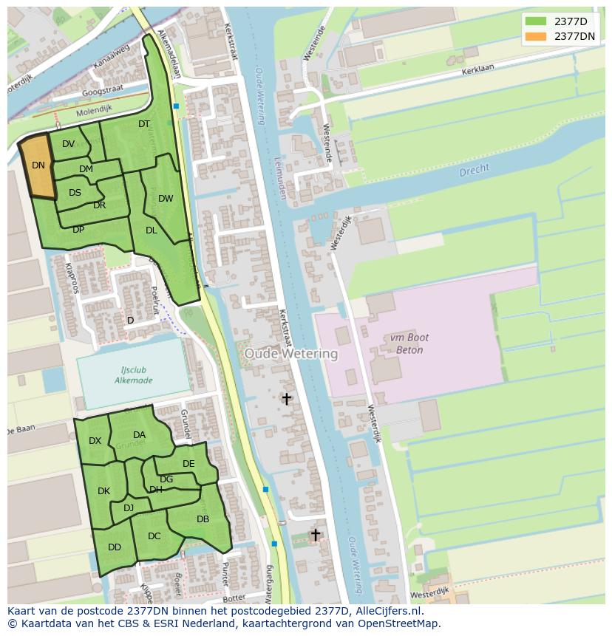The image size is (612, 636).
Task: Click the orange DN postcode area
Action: click(x=38, y=166)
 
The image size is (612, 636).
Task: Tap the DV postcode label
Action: click(x=68, y=144)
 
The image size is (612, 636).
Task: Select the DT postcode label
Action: click(x=144, y=124)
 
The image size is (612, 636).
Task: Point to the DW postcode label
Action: click(x=166, y=198)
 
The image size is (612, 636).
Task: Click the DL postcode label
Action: click(x=152, y=230)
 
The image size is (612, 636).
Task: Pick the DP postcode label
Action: click(x=78, y=229)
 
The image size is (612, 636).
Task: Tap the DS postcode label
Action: click(x=75, y=193)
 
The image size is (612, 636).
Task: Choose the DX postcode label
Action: click(x=95, y=440)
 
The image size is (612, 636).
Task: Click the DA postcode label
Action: click(x=139, y=434)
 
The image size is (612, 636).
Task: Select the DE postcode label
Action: click(x=188, y=464)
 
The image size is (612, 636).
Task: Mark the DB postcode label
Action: click(x=203, y=519)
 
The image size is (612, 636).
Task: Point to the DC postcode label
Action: click(x=154, y=536)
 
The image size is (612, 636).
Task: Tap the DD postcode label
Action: click(x=115, y=547)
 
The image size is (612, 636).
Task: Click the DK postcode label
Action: click(x=103, y=491)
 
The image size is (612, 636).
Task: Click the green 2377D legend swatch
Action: click(x=536, y=21)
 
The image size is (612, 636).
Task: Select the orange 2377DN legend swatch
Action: click(x=536, y=36)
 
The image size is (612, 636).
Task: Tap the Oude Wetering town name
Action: click(x=291, y=354)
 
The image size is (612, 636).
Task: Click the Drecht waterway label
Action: click(x=474, y=170)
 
